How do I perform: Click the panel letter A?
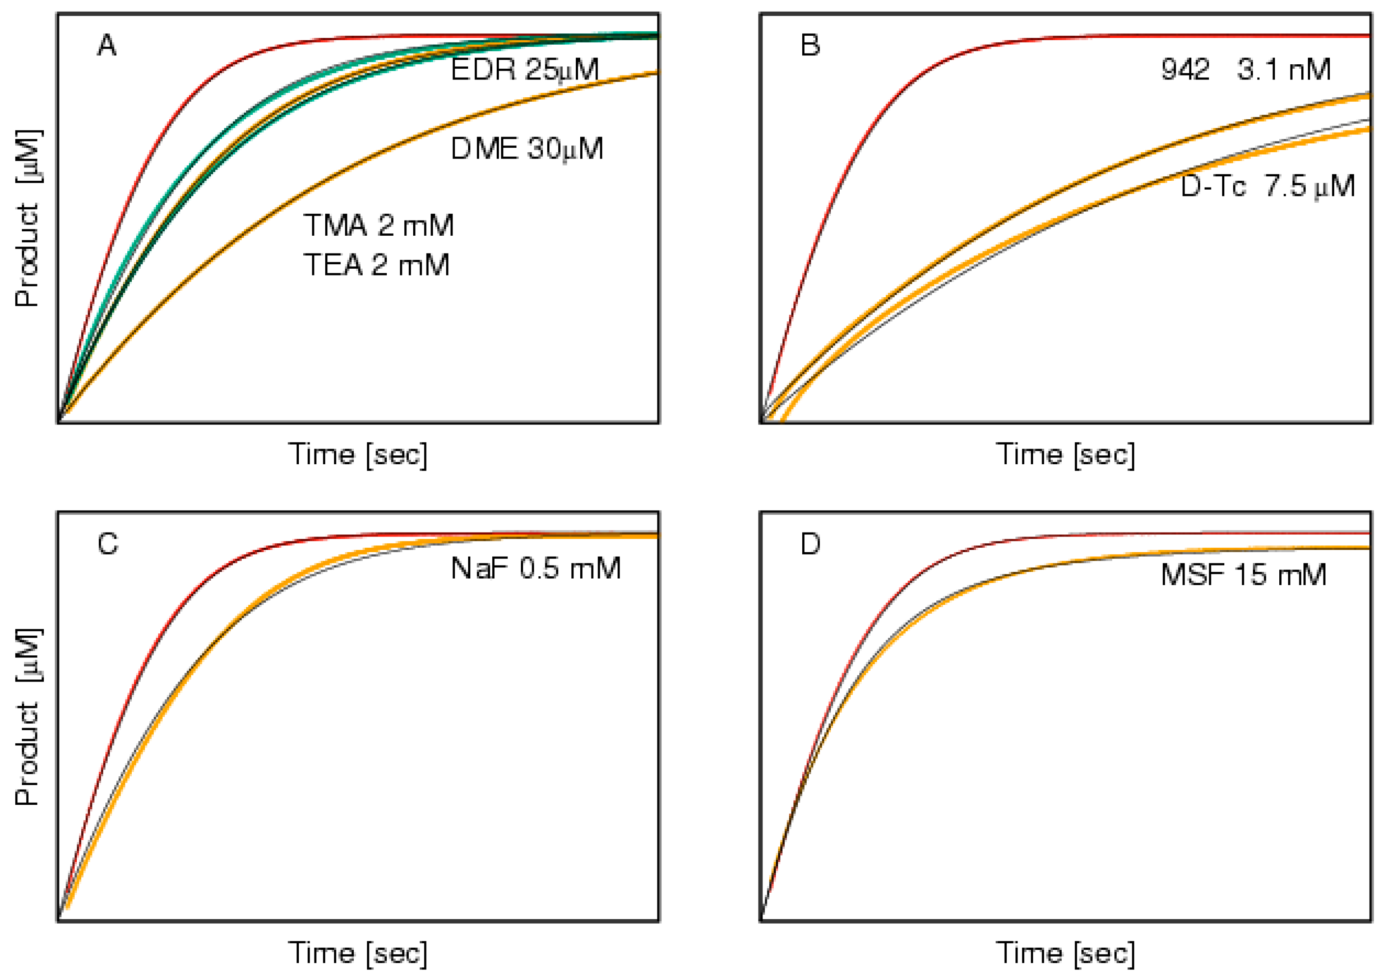[x=107, y=45]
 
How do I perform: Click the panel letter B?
[x=810, y=45]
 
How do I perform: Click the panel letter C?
[x=107, y=544]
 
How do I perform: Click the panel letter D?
[x=810, y=544]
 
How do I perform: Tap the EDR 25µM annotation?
[x=524, y=70]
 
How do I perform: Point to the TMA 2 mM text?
[x=378, y=225]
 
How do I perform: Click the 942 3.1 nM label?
[x=1245, y=70]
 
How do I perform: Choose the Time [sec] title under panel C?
[x=358, y=953]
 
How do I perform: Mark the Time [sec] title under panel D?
[x=1065, y=953]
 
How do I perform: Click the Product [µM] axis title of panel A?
[x=28, y=218]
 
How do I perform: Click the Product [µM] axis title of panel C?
[x=28, y=716]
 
